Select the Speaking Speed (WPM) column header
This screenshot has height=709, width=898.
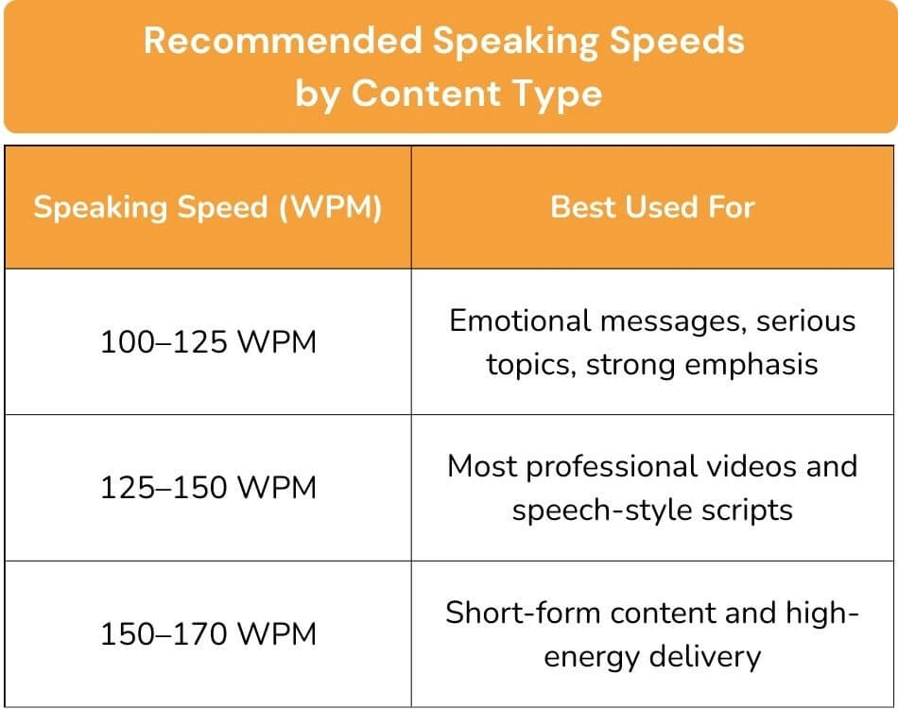[208, 208]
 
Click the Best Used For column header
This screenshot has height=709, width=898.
[652, 208]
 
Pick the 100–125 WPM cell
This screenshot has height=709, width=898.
[208, 341]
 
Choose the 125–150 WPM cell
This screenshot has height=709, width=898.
[208, 488]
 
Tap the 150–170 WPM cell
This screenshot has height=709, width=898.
[208, 633]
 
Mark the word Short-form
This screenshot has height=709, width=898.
[521, 613]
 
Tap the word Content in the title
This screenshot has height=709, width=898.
[422, 93]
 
